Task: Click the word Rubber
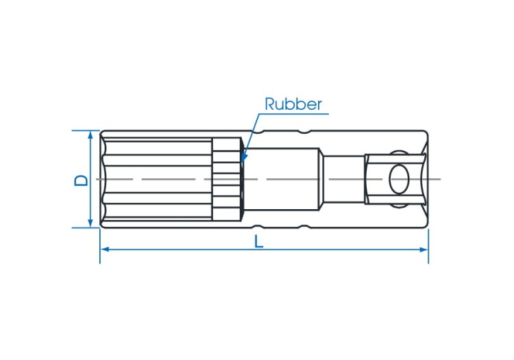293,104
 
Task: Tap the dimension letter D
81,180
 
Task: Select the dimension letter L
259,242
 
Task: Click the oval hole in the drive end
399,179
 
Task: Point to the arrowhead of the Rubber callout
243,158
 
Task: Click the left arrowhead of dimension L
105,250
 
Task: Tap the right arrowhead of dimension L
424,250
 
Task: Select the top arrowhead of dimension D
90,135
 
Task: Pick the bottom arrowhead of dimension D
90,223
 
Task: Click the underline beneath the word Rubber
294,114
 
